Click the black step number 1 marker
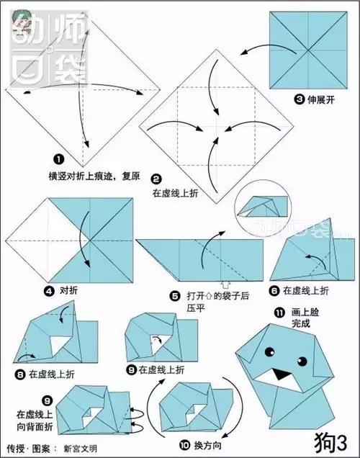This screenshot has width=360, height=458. pos(58,159)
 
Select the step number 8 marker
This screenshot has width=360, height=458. pos(21,374)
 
